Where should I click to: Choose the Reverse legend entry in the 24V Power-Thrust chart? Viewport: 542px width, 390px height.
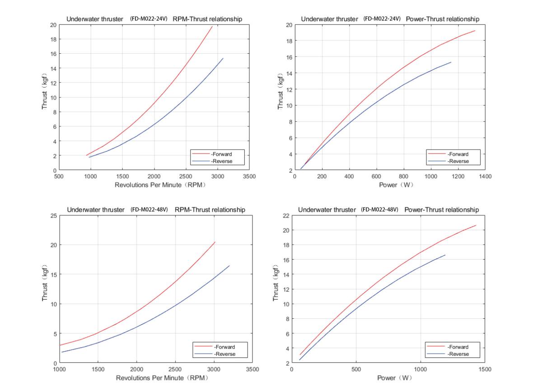(458, 161)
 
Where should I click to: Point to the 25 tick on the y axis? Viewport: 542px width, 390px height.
(54, 216)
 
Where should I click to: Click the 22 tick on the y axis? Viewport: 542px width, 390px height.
(286, 216)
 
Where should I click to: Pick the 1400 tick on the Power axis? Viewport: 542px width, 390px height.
(485, 176)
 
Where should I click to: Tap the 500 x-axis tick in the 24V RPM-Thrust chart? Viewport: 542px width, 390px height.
(59, 176)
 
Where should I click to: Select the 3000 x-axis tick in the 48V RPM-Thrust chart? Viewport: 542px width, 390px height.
(214, 369)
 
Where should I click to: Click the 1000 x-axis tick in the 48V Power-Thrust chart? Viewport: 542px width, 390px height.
(421, 369)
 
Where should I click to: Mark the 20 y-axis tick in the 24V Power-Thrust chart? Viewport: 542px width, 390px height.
(289, 25)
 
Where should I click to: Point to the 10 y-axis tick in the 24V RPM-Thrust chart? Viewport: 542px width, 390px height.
(54, 97)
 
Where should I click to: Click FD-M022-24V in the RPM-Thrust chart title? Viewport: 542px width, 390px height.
(149, 19)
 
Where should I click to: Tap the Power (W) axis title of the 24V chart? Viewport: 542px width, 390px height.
(396, 185)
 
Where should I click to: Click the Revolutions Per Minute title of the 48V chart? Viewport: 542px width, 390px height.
(155, 377)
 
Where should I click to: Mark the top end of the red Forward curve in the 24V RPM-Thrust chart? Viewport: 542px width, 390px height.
(212, 26)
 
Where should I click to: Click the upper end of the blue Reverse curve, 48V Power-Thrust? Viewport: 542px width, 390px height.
(445, 255)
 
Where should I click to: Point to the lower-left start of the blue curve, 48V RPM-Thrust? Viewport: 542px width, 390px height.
(62, 352)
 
